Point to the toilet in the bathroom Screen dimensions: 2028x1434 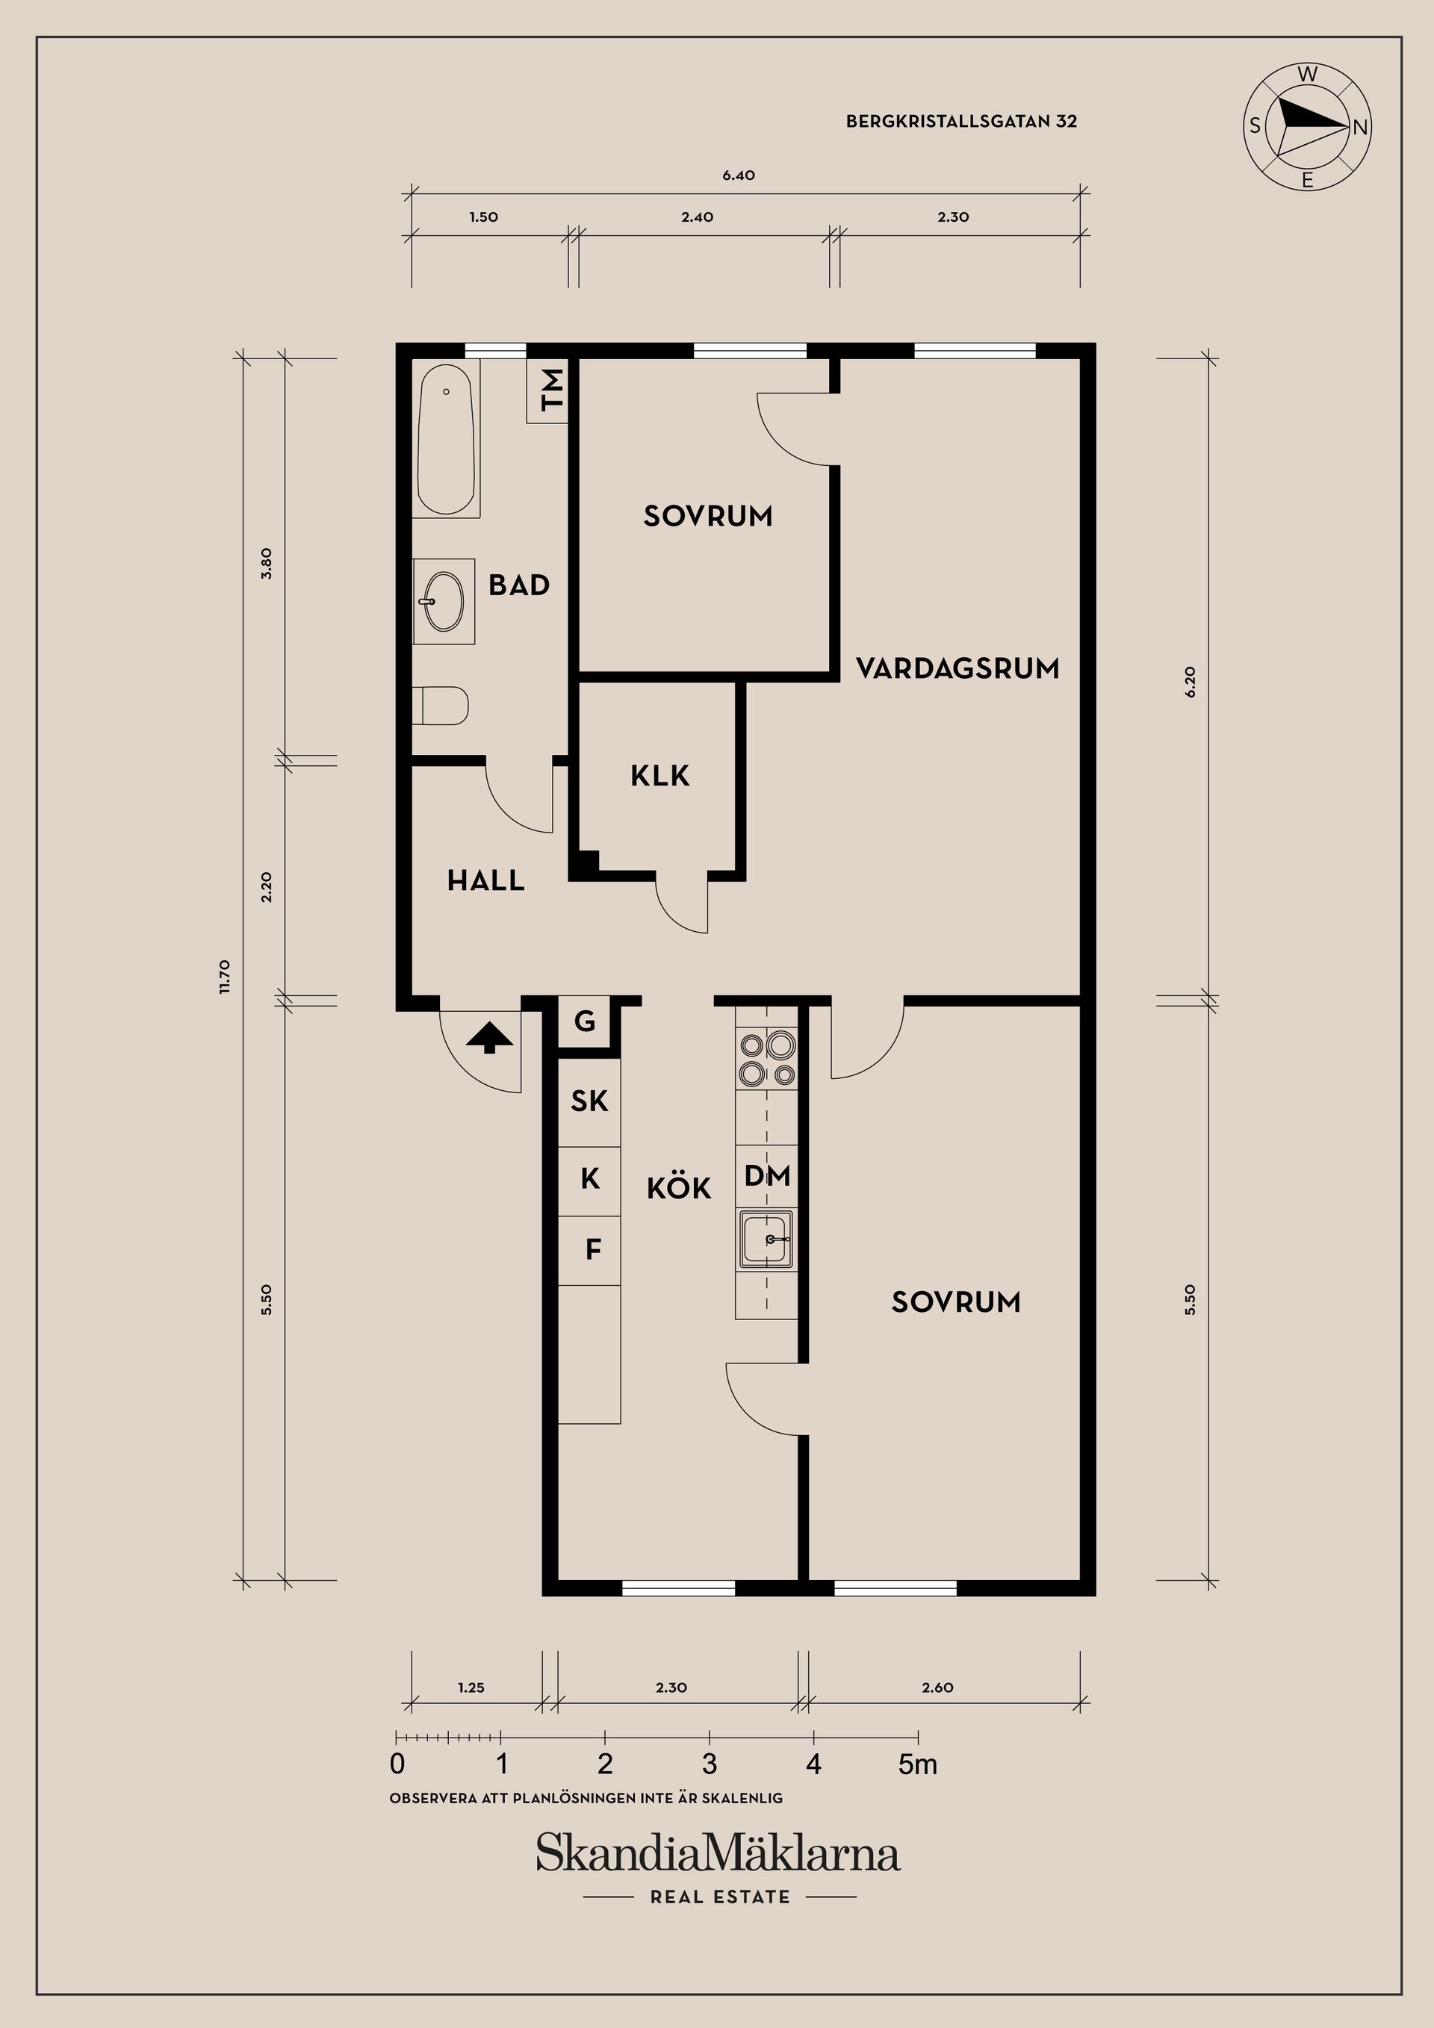point(441,706)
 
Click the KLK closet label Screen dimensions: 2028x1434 point(660,777)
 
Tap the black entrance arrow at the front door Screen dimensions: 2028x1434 point(488,1038)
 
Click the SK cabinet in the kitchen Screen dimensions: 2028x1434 point(589,1101)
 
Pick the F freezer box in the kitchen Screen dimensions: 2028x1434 point(593,1250)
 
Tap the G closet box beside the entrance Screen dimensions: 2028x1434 point(585,1022)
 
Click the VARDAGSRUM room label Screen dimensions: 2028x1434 point(957,668)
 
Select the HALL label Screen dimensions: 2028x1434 point(486,880)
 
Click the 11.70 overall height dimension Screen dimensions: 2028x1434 point(224,977)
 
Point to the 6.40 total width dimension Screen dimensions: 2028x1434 point(739,175)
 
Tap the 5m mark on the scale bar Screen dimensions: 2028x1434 point(918,1764)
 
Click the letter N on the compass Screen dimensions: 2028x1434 point(1361,127)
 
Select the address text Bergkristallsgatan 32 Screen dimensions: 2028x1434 point(961,122)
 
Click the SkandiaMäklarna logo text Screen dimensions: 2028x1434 point(718,1853)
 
